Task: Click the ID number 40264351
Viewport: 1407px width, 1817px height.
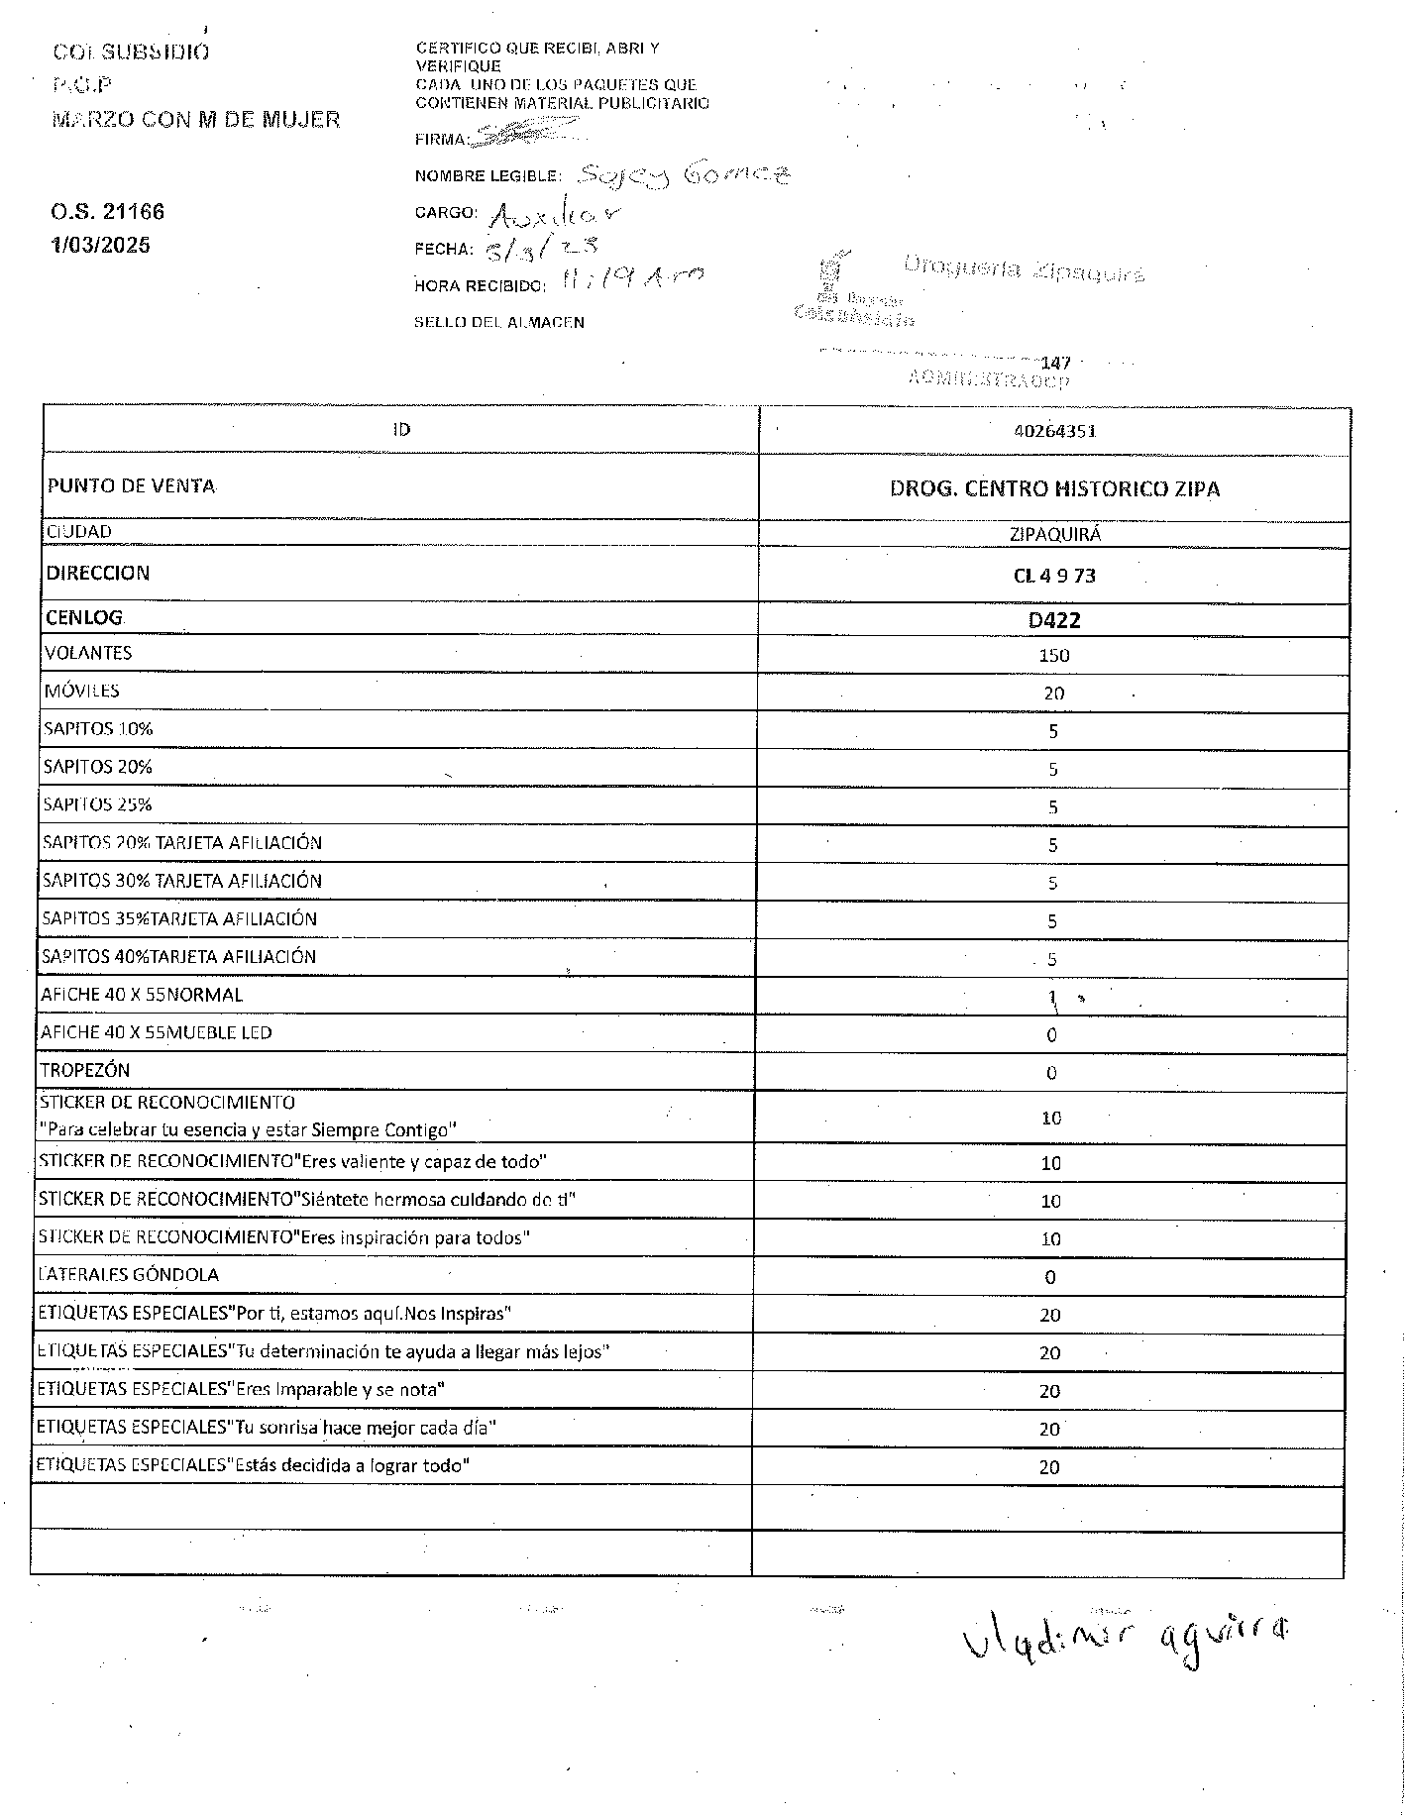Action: coord(1053,431)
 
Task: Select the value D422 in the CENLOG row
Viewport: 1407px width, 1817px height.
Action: coord(1053,620)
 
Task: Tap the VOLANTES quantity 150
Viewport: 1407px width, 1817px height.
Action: coord(1053,655)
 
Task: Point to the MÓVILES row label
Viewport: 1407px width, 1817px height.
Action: coord(81,691)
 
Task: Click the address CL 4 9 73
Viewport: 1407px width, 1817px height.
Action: coord(1053,576)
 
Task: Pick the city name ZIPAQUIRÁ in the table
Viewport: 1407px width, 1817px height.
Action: coord(1054,534)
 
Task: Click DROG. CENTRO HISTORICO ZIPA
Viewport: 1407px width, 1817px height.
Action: coord(1054,488)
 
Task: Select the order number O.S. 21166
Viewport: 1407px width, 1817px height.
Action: coord(107,212)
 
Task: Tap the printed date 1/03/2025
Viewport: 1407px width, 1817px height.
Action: coord(100,245)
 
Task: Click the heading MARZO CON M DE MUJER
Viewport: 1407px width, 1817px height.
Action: coord(195,120)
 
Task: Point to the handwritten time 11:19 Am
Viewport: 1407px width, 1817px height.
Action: coord(631,281)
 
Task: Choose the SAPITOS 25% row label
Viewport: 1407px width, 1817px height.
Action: coord(97,804)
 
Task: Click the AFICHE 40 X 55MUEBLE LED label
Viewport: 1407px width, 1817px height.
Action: coord(156,1032)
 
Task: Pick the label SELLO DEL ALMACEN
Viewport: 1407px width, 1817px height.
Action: coord(498,322)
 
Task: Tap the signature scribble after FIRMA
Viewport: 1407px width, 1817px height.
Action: coord(525,132)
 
